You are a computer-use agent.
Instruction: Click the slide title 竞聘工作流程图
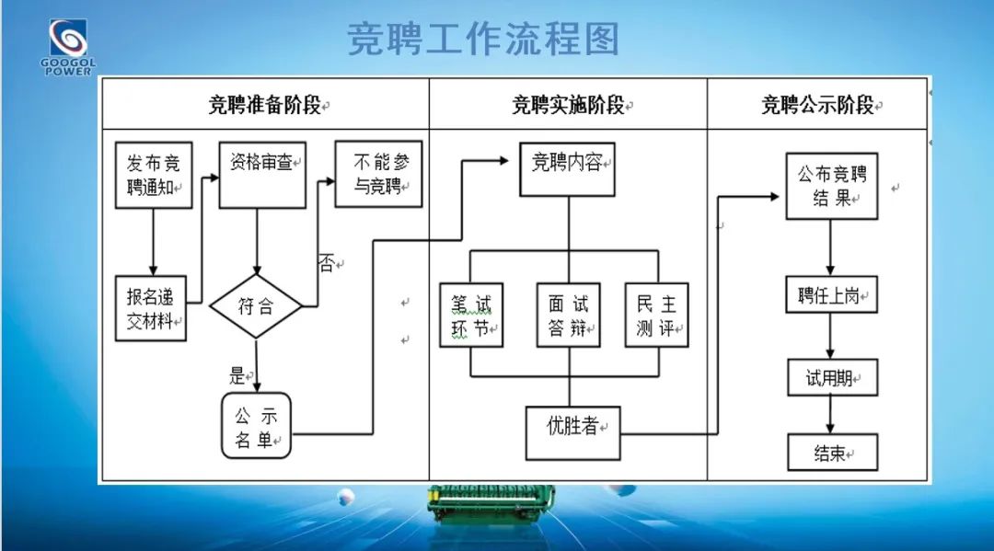click(482, 40)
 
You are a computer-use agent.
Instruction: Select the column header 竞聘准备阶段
click(265, 104)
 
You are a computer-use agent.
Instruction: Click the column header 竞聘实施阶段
click(568, 104)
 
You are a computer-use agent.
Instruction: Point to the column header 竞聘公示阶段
click(817, 104)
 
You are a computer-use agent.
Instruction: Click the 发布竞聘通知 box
click(154, 175)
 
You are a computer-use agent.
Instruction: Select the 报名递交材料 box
click(150, 308)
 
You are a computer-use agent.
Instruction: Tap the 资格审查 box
click(262, 175)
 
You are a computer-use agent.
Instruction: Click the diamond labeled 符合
click(256, 305)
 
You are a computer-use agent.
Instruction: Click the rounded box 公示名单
click(256, 425)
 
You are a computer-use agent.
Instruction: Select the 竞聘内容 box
click(567, 169)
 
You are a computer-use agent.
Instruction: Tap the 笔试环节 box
click(471, 315)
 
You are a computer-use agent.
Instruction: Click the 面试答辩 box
click(568, 315)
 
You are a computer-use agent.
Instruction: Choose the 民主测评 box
click(657, 315)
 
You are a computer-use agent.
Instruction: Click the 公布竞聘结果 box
click(831, 185)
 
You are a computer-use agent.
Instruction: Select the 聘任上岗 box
click(831, 296)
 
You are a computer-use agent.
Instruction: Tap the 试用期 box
click(831, 378)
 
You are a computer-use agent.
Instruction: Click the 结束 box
click(831, 453)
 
